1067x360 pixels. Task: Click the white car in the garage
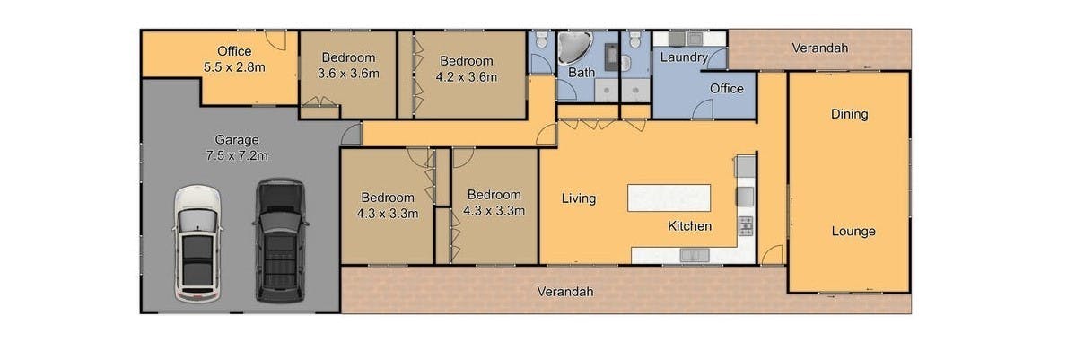197,243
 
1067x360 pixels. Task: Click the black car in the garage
280,241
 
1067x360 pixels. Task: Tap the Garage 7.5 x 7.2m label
237,149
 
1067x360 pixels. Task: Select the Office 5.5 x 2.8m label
235,59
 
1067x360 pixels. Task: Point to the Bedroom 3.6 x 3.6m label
348,66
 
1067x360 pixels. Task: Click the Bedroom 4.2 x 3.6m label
466,69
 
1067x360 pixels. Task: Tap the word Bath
582,72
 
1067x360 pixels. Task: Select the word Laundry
684,57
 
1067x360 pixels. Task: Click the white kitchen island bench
669,198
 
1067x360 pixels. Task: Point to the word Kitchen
689,226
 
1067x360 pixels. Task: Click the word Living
579,198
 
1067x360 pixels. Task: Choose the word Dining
849,114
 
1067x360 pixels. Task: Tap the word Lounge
853,232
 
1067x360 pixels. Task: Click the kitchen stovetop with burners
747,226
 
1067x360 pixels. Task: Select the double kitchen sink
694,255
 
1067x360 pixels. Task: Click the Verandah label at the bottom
564,291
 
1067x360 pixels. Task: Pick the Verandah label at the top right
820,48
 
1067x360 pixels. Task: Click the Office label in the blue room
726,89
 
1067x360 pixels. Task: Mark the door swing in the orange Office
275,40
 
